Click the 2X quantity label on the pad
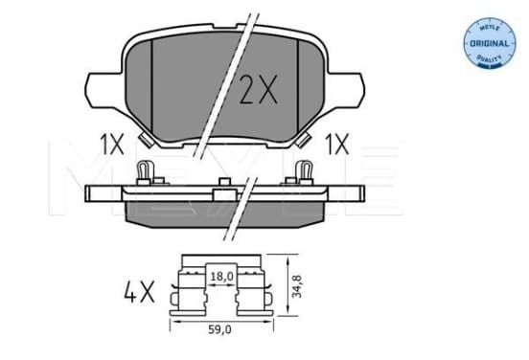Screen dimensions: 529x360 [x=258, y=89]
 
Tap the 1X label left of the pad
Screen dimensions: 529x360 [x=112, y=144]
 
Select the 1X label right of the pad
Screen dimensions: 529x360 [x=336, y=144]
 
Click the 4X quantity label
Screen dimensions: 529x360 [x=139, y=291]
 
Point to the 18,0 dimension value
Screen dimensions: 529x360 [x=222, y=277]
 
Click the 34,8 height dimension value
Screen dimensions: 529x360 [x=296, y=286]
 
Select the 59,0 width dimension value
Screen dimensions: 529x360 [x=219, y=329]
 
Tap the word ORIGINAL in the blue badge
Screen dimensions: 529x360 [x=489, y=43]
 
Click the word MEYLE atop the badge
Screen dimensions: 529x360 [x=489, y=28]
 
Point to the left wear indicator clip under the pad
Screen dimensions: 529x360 [x=147, y=140]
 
